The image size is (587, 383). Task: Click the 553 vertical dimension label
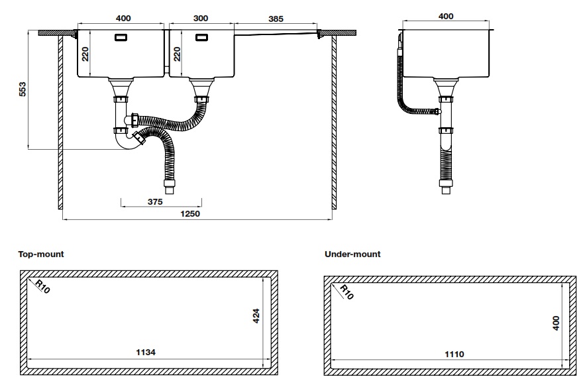click(22, 89)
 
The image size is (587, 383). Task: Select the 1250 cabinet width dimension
click(190, 213)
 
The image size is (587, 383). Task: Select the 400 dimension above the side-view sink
click(446, 16)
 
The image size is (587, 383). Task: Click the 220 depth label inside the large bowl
click(85, 54)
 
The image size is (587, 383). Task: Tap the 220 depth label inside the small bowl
click(177, 54)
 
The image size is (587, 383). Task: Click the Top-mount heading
click(42, 254)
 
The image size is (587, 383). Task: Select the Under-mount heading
click(352, 254)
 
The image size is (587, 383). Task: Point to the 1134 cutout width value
click(145, 353)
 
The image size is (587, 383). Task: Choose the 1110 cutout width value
click(454, 355)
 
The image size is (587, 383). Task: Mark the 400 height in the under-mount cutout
click(556, 323)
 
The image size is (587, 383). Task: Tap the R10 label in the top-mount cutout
click(42, 287)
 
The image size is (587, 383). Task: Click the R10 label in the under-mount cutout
click(346, 292)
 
